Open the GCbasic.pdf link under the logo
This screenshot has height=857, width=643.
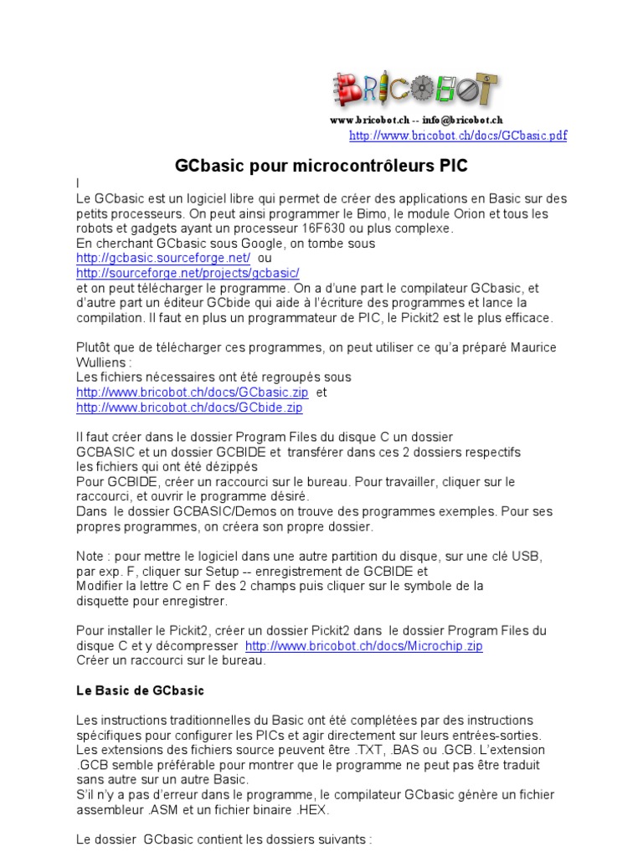pos(457,136)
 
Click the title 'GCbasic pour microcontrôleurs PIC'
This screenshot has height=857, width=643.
pos(321,166)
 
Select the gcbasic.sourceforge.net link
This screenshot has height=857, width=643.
pos(163,258)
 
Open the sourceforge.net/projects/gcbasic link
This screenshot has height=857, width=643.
pos(188,273)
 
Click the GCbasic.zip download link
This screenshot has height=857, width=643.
pos(193,393)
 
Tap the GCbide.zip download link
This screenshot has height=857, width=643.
pos(189,408)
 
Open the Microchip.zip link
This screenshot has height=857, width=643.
pos(363,646)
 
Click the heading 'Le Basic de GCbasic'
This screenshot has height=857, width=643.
pos(140,691)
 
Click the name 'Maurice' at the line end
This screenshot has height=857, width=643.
pos(532,347)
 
